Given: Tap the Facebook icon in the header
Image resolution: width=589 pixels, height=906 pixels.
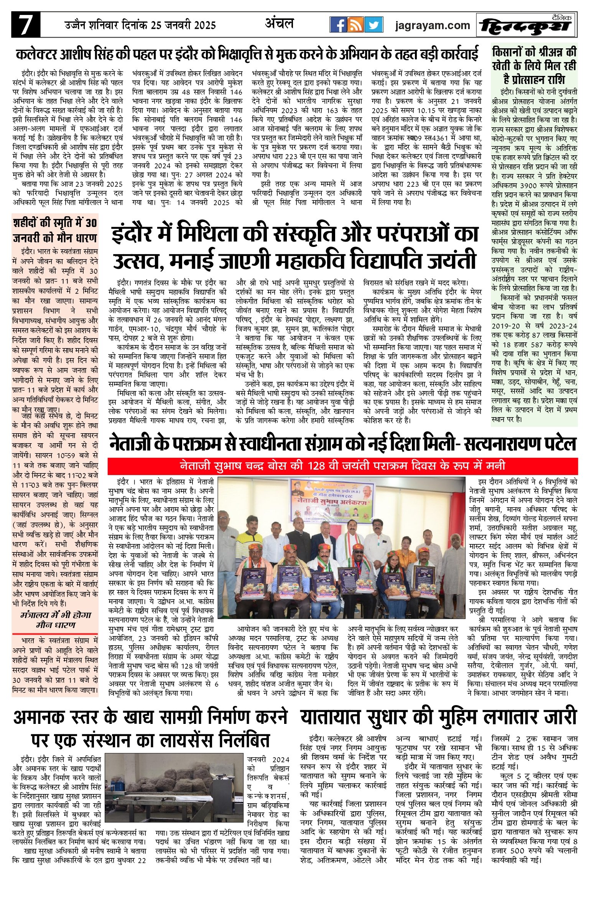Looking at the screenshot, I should tap(338, 25).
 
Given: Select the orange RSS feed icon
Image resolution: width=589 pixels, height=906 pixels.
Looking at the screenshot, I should tap(355, 25).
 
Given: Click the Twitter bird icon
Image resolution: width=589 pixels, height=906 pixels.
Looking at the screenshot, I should tap(373, 25).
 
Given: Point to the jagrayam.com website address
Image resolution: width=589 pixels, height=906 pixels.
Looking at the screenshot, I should tap(432, 25).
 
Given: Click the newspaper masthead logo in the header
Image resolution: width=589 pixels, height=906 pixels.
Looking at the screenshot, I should tap(526, 25).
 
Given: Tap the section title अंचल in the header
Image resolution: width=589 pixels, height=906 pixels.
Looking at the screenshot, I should tap(279, 23).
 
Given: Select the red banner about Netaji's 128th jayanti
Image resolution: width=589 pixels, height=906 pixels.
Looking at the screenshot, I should tap(342, 466).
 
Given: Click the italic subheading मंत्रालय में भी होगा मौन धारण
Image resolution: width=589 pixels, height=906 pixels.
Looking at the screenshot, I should tap(55, 620).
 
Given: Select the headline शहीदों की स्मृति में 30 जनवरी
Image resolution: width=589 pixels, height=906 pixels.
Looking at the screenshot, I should tap(55, 230).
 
